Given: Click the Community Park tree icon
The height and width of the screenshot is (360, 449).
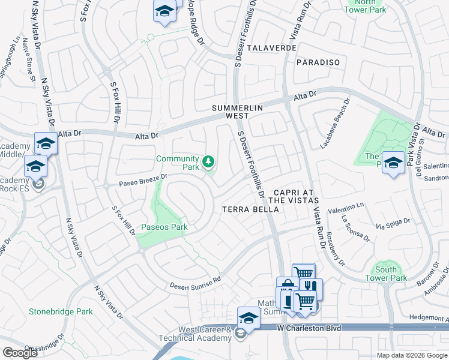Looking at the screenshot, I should [208, 162].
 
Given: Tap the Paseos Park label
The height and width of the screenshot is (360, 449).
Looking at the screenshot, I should [164, 227].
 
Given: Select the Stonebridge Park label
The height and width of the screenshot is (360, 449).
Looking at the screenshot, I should [61, 311].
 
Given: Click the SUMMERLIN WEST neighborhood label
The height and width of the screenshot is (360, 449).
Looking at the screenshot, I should [234, 112].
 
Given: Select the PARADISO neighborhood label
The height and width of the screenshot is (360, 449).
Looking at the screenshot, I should [318, 62].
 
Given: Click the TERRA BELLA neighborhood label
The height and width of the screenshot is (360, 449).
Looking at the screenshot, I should [250, 209].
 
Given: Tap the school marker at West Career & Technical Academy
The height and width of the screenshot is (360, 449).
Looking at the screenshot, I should [249, 318].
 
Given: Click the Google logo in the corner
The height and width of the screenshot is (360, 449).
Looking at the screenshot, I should [20, 353].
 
